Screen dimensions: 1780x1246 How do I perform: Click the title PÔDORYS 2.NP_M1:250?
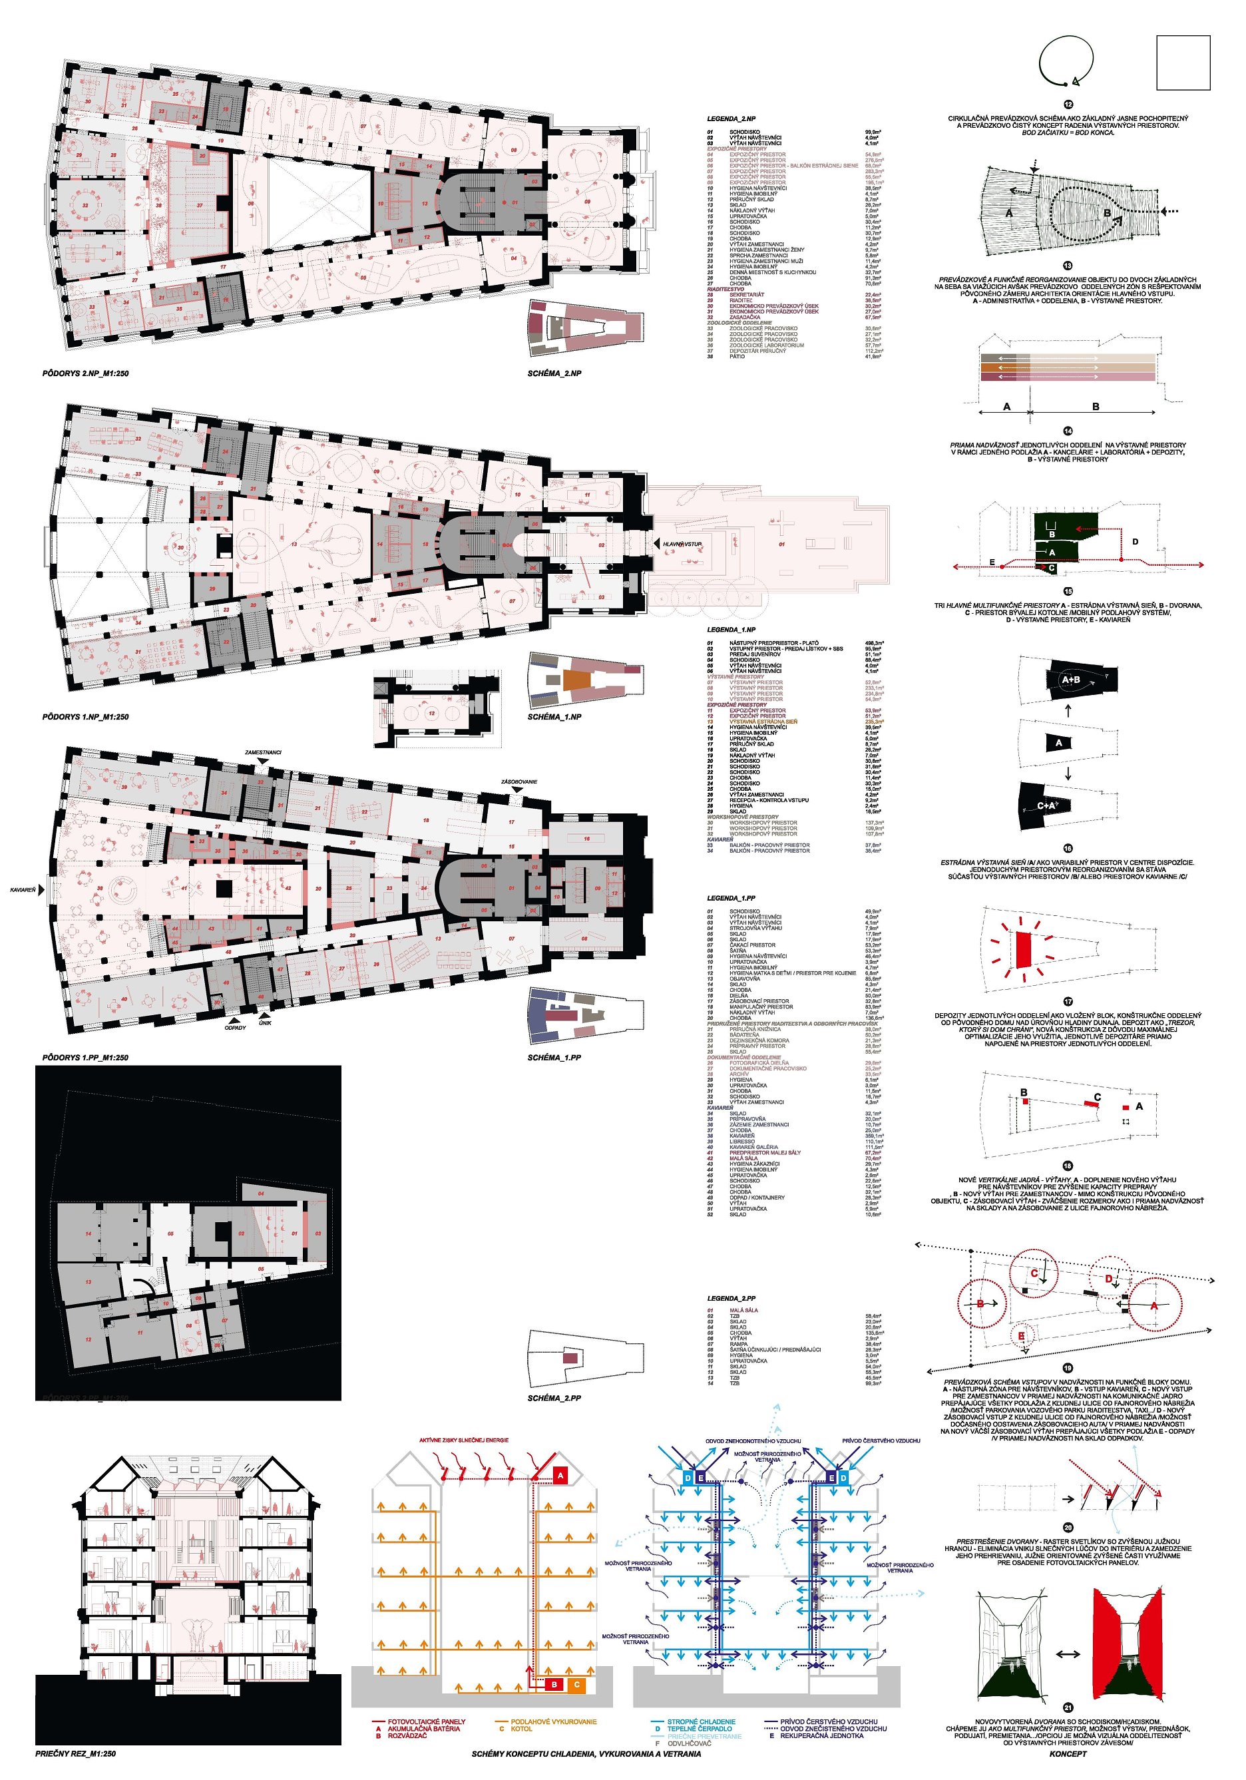point(85,373)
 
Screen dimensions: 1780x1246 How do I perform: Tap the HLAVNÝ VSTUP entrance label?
point(682,545)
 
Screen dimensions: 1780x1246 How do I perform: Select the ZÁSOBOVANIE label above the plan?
point(519,781)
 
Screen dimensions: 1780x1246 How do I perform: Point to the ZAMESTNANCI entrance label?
point(263,752)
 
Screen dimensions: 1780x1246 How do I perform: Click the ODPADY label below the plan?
point(235,1028)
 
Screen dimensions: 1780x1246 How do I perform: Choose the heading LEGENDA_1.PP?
point(730,898)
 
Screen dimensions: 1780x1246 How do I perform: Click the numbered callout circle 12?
point(1068,105)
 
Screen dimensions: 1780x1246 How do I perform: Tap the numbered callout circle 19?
point(1068,1369)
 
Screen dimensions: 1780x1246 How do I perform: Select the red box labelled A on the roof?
point(560,1476)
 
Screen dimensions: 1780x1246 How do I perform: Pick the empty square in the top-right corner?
point(1182,63)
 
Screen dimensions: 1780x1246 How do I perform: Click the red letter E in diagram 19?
point(1022,1336)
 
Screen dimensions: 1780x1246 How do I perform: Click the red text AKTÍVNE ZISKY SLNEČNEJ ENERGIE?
point(464,1441)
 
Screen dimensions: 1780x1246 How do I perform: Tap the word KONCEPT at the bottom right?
point(1068,1753)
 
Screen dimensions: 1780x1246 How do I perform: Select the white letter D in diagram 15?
point(1135,541)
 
